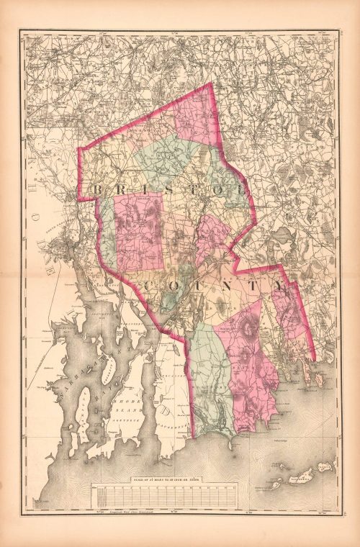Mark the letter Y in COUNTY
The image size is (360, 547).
click(279, 286)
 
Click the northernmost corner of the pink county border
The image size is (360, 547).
click(211, 83)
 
